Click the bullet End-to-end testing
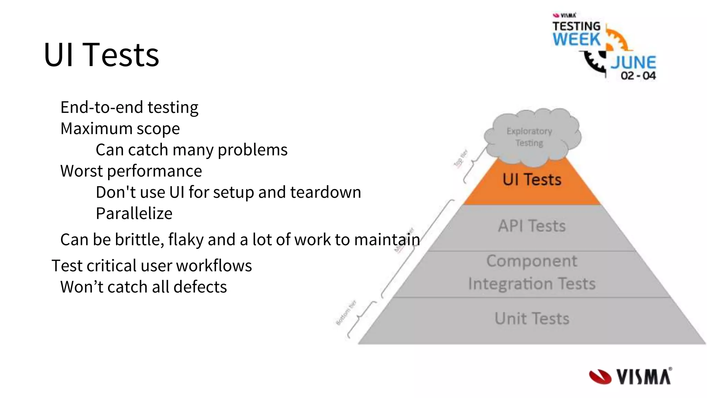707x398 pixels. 129,107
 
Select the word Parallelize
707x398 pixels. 134,214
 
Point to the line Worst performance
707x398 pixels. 131,171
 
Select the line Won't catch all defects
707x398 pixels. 143,287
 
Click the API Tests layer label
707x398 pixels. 532,226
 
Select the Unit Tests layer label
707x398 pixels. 532,319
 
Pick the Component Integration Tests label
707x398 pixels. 532,273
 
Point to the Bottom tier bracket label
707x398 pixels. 346,313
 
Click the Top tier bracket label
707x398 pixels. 460,159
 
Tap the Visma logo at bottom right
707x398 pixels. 630,377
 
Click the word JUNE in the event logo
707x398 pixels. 633,63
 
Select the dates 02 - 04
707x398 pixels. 638,76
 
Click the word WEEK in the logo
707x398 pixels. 577,39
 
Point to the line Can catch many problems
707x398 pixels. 191,150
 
